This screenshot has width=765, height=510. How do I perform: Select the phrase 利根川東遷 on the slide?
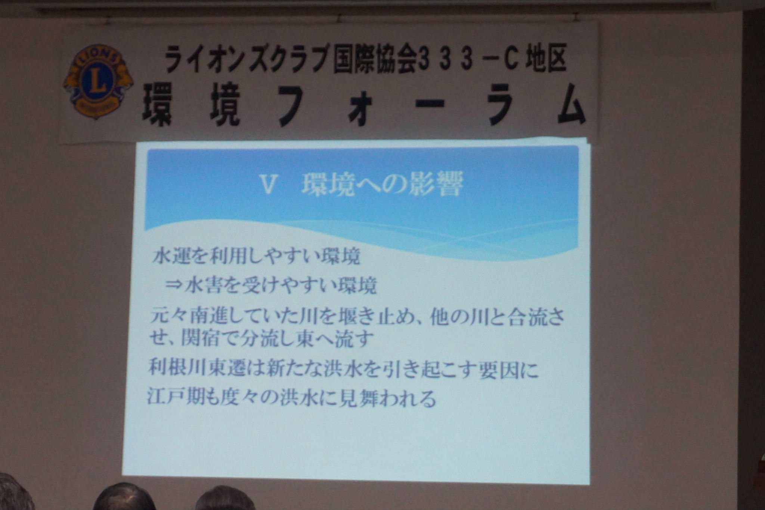coord(196,370)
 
